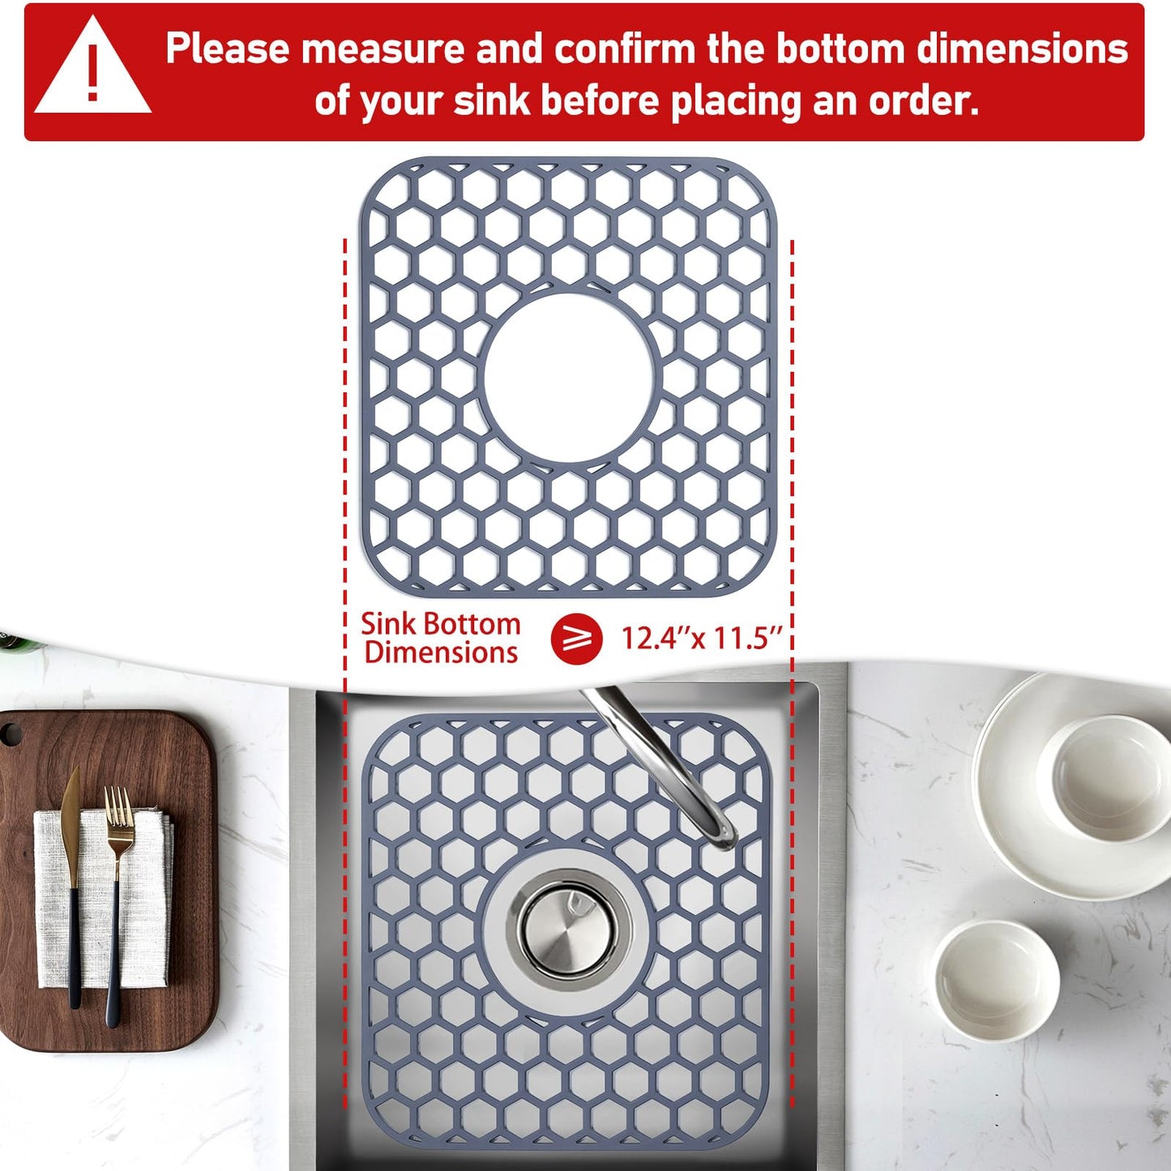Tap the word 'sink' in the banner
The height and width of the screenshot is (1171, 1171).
coord(490,101)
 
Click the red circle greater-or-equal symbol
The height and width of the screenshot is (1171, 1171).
coord(576,639)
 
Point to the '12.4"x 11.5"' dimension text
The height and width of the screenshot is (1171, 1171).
coord(702,639)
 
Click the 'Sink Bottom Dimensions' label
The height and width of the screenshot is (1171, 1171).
coord(441,639)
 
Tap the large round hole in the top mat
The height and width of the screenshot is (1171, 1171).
coord(568,378)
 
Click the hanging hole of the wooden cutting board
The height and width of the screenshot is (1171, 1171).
coord(10,734)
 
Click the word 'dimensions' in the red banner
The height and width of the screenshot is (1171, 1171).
coord(1023,49)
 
